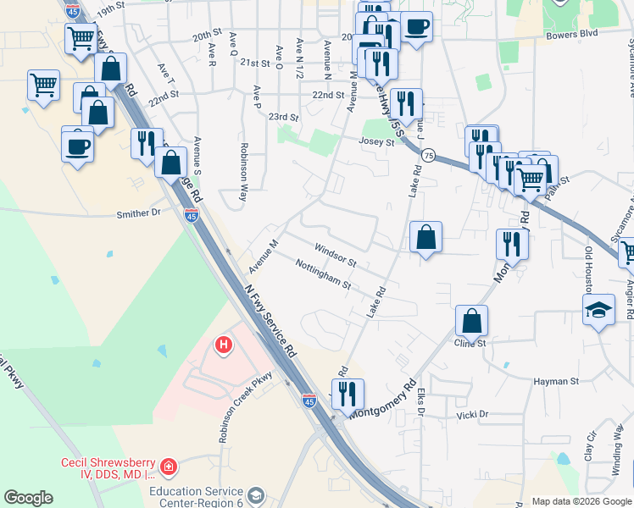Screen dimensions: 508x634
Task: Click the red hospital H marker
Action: pyautogui.click(x=224, y=345)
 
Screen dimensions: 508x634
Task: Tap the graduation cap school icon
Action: pyautogui.click(x=598, y=310)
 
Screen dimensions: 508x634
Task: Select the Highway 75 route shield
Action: pyautogui.click(x=428, y=156)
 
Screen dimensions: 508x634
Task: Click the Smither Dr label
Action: pyautogui.click(x=138, y=214)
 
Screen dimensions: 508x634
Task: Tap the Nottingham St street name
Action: pyautogui.click(x=323, y=274)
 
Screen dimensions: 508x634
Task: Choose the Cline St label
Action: pyautogui.click(x=470, y=343)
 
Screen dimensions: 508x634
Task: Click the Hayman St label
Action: pyautogui.click(x=556, y=382)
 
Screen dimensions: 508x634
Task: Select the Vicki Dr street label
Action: pyautogui.click(x=473, y=415)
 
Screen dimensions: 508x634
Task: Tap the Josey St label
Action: pyautogui.click(x=377, y=142)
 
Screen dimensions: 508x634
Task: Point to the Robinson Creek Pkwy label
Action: pyautogui.click(x=246, y=407)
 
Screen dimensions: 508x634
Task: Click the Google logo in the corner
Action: pyautogui.click(x=28, y=498)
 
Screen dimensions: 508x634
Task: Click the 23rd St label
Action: pyautogui.click(x=283, y=117)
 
